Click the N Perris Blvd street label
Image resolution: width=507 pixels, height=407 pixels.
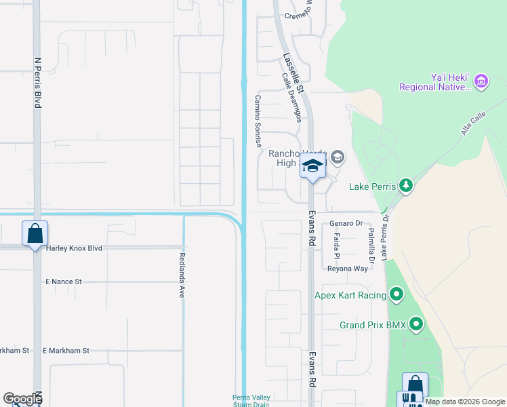point(38,82)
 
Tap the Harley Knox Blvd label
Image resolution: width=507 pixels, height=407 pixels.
point(75,248)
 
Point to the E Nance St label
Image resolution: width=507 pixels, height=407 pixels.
point(63,281)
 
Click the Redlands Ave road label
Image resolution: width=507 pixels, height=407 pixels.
point(182,275)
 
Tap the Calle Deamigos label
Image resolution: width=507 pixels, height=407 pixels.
point(291,98)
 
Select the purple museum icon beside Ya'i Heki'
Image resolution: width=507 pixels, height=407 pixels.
point(482,81)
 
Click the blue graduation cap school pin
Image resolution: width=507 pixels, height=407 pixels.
point(313,166)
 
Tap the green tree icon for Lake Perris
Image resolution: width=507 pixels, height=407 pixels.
point(405,185)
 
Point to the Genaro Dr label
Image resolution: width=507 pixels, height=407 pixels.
point(346,222)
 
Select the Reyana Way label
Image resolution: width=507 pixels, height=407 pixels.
point(347,269)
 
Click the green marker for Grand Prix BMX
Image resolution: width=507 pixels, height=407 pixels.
point(415,325)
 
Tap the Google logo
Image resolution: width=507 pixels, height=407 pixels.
point(22,399)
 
